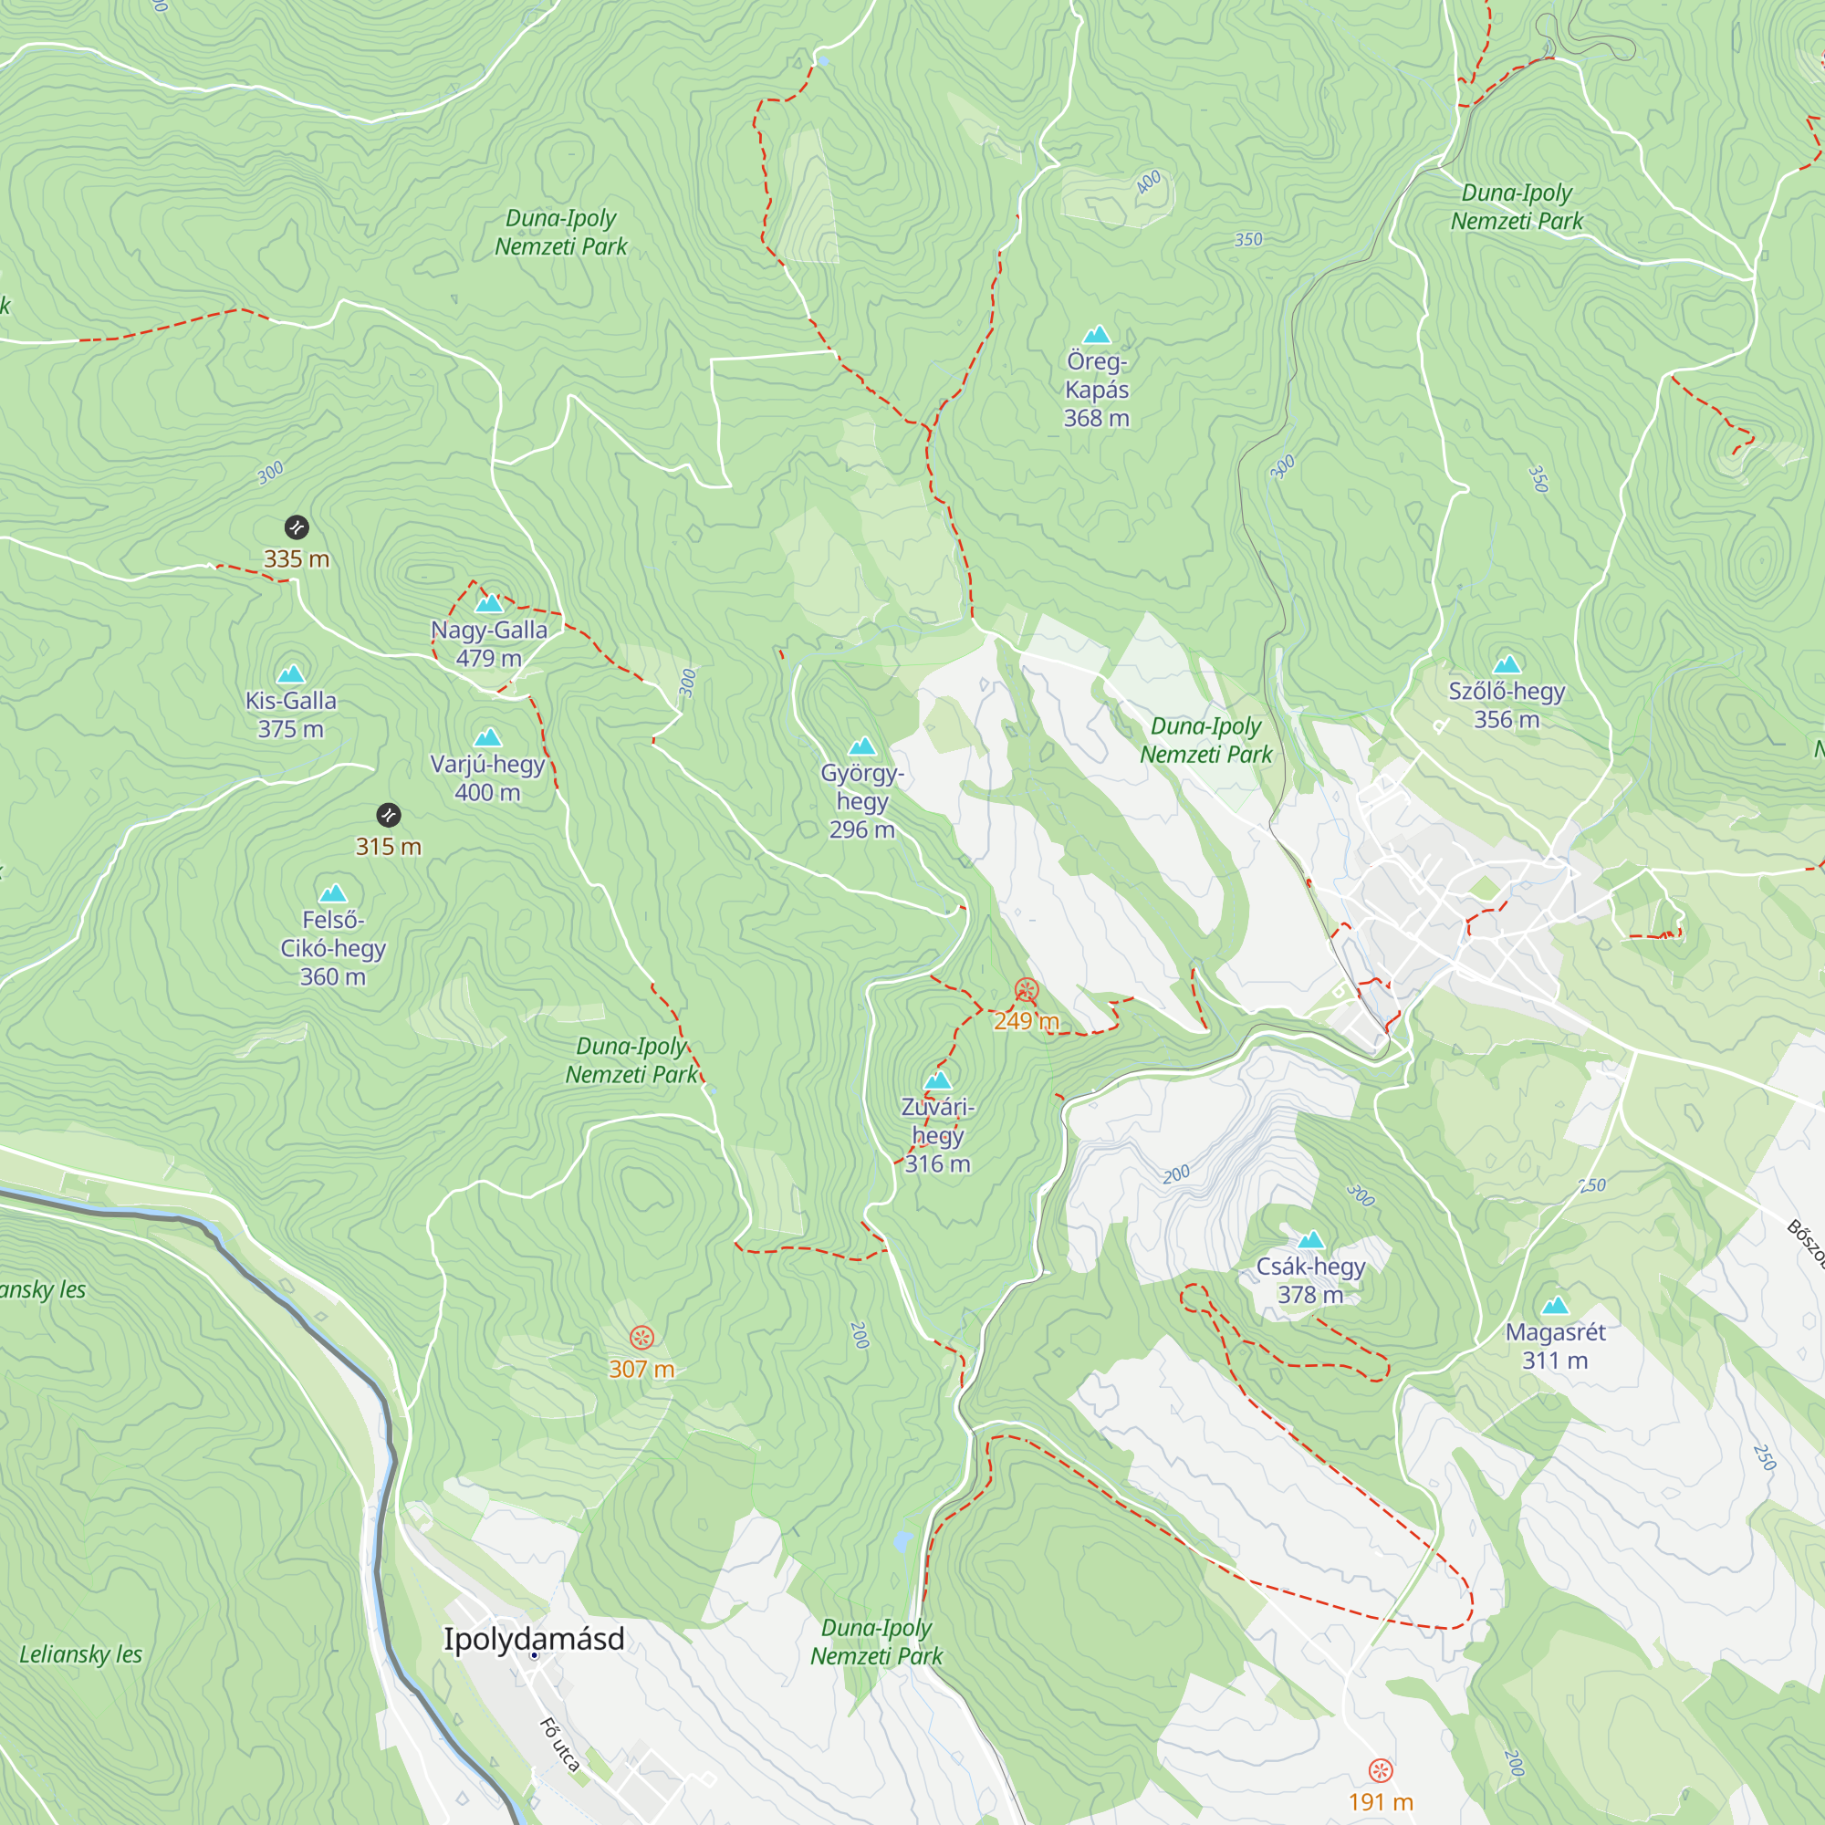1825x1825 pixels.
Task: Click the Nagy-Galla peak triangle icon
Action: [488, 603]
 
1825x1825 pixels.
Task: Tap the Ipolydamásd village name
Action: [534, 1639]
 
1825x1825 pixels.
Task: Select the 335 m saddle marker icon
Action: [297, 527]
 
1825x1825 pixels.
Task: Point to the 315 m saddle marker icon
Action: [388, 815]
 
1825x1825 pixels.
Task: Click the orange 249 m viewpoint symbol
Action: [1026, 991]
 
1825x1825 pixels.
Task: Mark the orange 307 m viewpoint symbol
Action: [641, 1338]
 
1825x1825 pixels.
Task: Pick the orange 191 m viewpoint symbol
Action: [1380, 1770]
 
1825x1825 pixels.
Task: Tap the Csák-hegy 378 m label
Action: [1310, 1280]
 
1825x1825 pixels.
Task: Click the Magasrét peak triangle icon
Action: [1555, 1307]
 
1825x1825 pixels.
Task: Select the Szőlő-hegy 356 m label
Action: [1507, 704]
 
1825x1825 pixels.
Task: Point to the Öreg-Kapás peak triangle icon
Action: [1096, 334]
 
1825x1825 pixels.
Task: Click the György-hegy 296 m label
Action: [861, 801]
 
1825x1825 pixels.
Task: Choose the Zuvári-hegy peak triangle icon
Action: [937, 1080]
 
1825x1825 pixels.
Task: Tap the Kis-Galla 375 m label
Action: [291, 714]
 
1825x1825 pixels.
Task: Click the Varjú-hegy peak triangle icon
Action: [487, 737]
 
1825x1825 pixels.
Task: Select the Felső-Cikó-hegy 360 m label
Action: [332, 948]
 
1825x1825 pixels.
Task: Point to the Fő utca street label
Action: [559, 1745]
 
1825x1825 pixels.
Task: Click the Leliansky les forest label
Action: [80, 1654]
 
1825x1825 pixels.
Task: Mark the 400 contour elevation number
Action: [1148, 182]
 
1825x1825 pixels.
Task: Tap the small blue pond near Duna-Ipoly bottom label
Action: [903, 1542]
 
